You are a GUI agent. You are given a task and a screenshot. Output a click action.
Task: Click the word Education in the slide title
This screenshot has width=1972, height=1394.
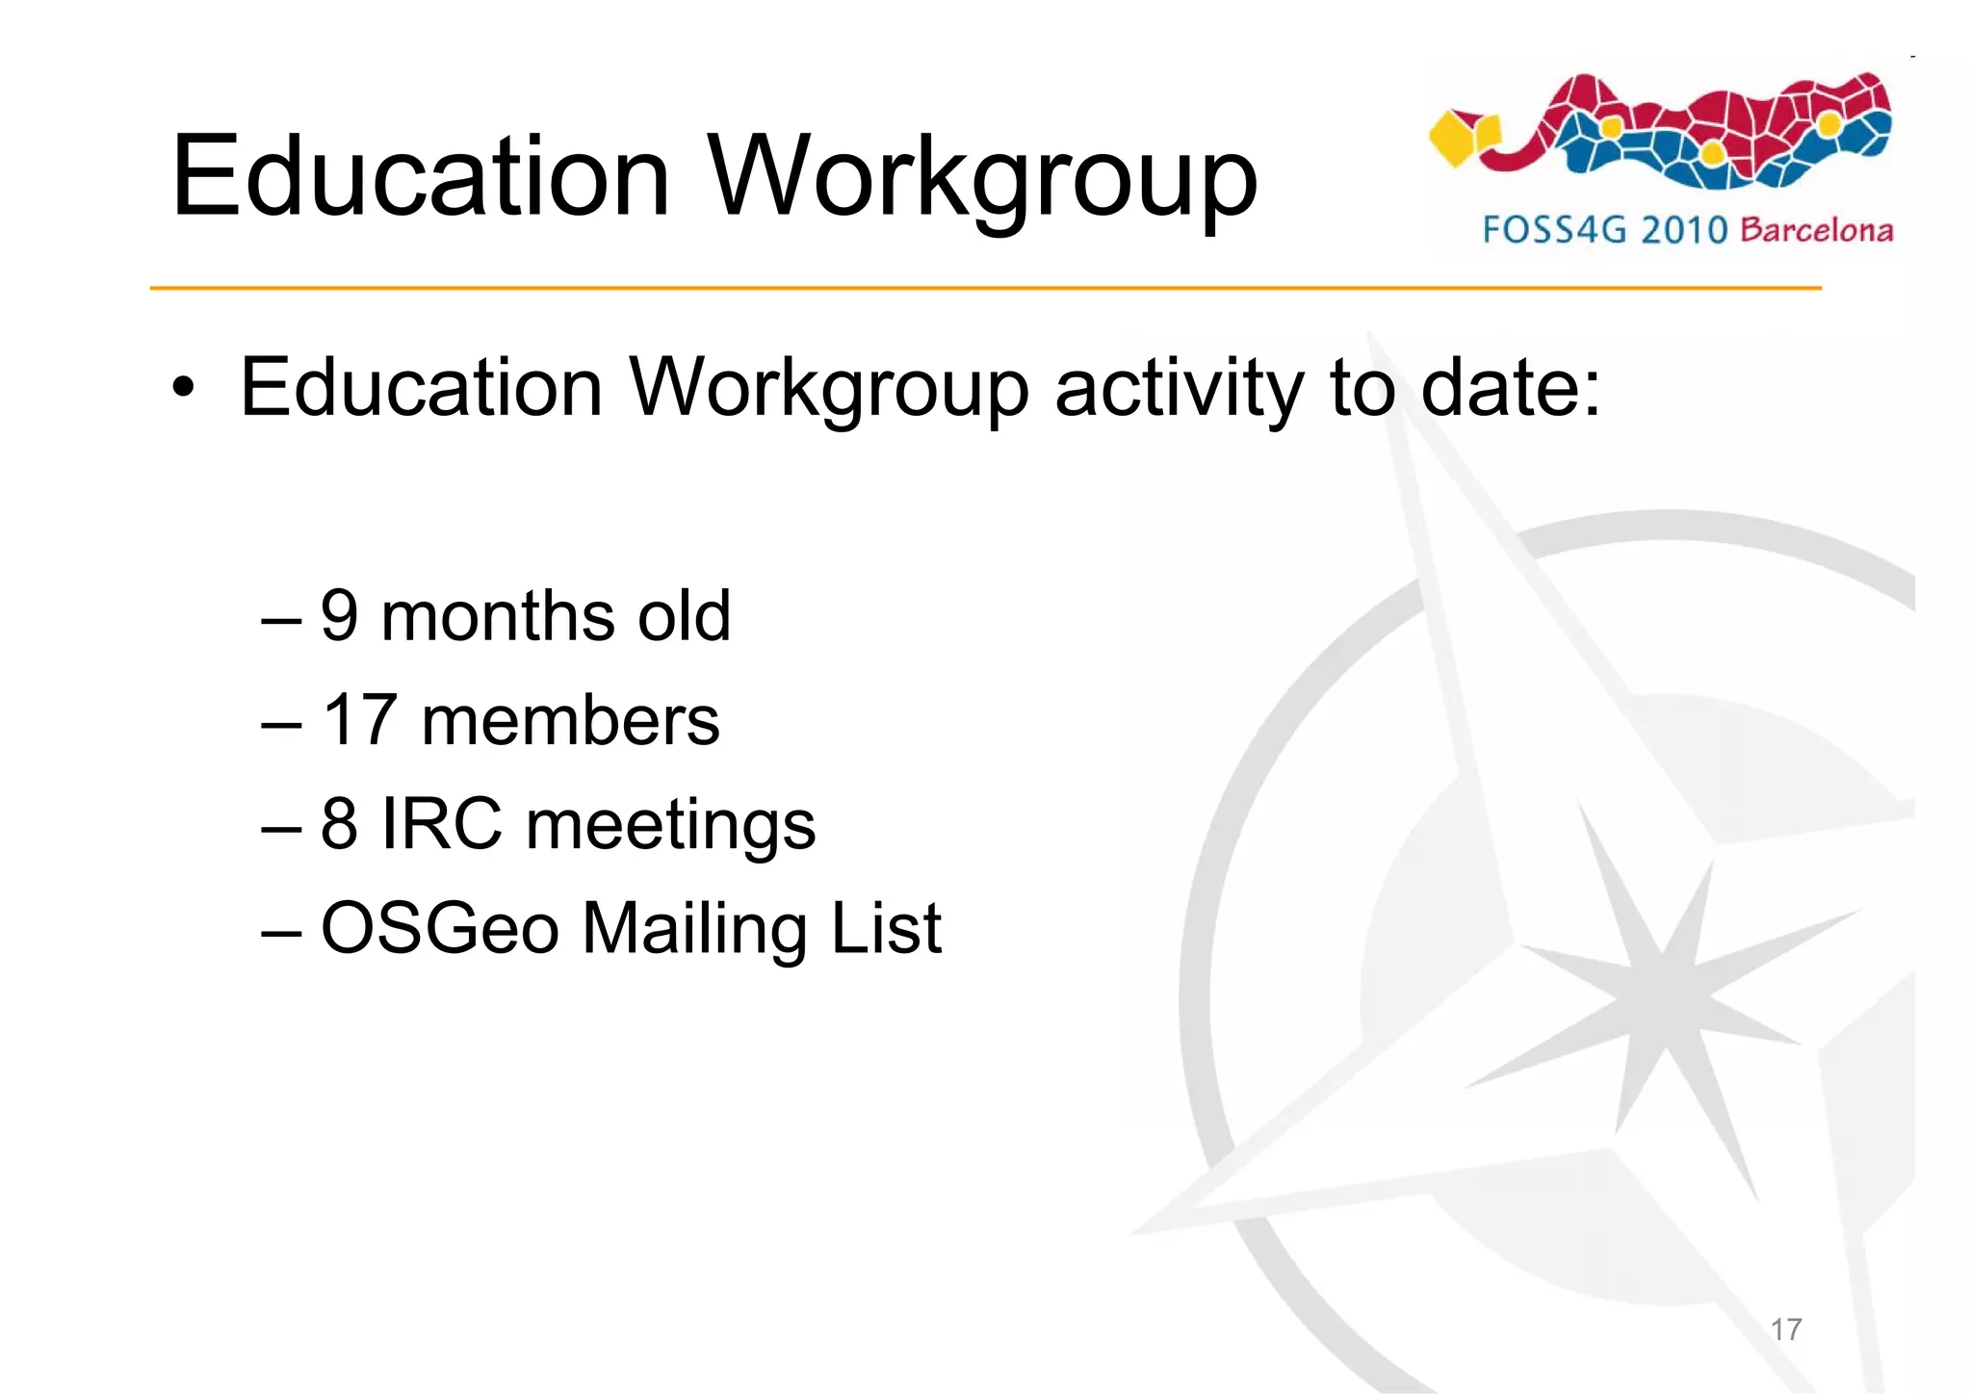[420, 177]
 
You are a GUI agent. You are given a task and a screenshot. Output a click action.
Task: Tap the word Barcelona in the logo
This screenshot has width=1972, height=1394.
[1817, 230]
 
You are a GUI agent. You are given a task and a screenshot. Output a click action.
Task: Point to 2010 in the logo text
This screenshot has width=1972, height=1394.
[1684, 230]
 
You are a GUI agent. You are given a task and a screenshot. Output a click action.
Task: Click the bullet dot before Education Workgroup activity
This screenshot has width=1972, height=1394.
[183, 389]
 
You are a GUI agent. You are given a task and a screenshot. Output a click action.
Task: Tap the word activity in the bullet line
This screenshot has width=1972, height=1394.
[1179, 391]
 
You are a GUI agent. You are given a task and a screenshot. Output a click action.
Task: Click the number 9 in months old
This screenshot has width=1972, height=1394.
[340, 615]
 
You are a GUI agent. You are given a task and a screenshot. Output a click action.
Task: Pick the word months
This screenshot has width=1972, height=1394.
[498, 615]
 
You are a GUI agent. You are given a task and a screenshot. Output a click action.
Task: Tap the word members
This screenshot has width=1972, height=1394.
[570, 721]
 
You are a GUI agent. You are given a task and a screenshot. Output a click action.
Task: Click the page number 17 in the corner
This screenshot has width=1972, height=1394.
[1786, 1329]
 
